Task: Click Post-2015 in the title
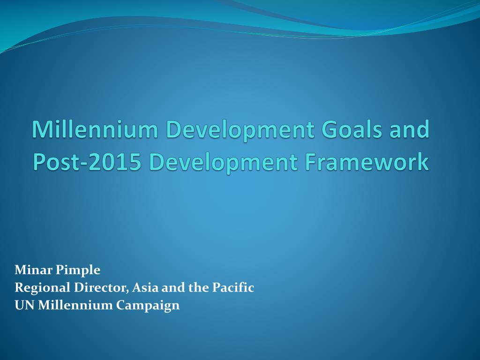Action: [87, 162]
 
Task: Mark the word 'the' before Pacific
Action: [198, 287]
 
